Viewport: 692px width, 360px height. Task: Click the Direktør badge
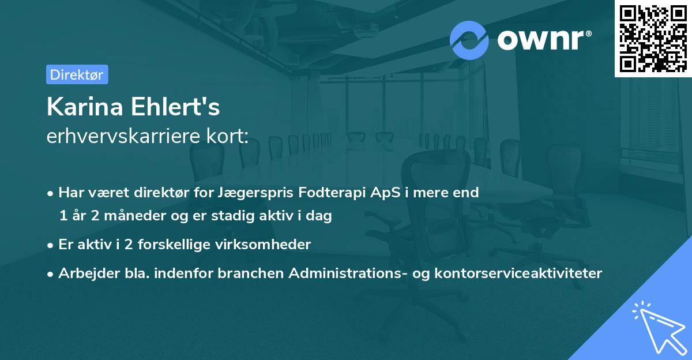(x=77, y=74)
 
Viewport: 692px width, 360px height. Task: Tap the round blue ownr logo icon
(x=469, y=40)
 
